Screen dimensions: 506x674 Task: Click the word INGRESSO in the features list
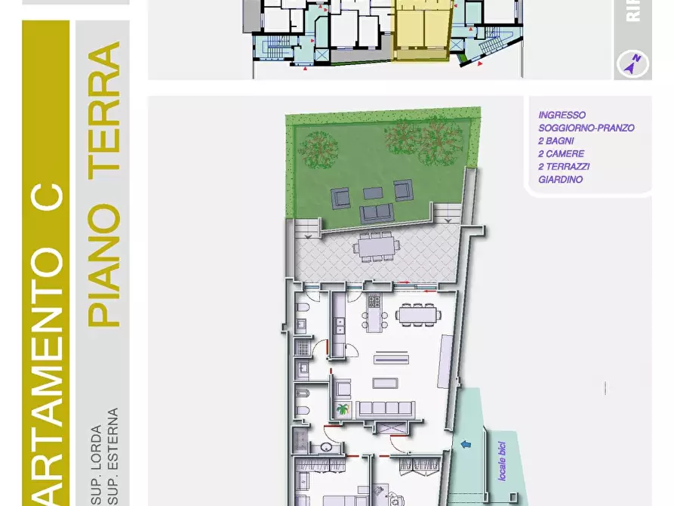pyautogui.click(x=562, y=116)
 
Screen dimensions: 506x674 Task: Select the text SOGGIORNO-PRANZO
pyautogui.click(x=586, y=128)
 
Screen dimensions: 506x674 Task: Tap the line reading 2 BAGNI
pyautogui.click(x=556, y=141)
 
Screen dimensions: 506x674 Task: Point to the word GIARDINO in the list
pyautogui.click(x=560, y=180)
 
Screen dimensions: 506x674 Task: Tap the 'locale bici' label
pyautogui.click(x=503, y=459)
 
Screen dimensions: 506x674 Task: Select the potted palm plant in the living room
pyautogui.click(x=342, y=409)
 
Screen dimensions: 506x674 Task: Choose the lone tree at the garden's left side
pyautogui.click(x=315, y=148)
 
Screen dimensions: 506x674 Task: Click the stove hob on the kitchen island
pyautogui.click(x=374, y=304)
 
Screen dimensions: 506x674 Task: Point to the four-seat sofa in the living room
pyautogui.click(x=385, y=409)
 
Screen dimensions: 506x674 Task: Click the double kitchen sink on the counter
pyautogui.click(x=340, y=326)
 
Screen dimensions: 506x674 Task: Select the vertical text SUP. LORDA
pyautogui.click(x=97, y=468)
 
